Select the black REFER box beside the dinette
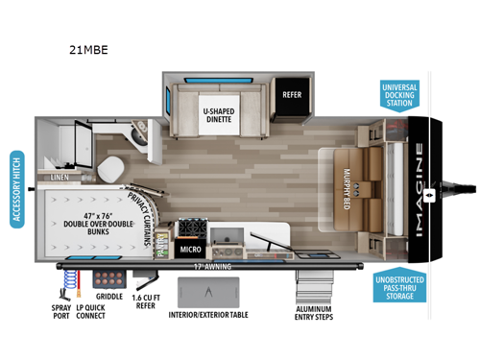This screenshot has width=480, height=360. [292, 95]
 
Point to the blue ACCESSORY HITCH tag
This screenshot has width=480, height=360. [16, 189]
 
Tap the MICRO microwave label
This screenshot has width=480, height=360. [188, 250]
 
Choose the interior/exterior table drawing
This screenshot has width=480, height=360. [208, 291]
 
